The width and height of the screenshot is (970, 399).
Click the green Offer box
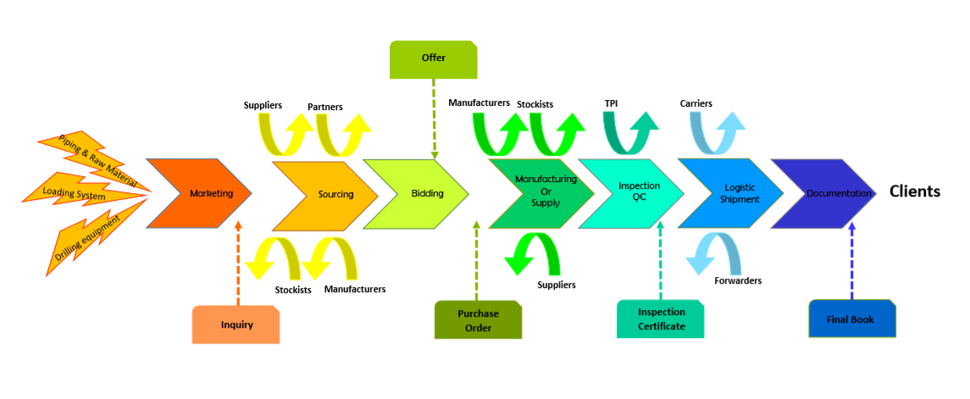pos(433,58)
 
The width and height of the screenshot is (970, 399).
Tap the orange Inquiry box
pos(236,324)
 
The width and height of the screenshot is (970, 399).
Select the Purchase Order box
pos(478,320)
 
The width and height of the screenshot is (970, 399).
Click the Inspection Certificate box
pos(661,319)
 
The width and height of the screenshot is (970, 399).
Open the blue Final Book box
pos(851,319)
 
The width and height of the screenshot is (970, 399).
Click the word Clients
pos(914,191)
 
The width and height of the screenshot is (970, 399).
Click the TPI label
pos(611,103)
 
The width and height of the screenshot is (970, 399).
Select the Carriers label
pos(696,103)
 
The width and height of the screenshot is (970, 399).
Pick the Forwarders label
pos(737,280)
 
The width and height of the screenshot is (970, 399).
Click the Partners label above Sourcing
pos(325,108)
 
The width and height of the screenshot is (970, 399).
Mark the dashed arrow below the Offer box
pos(434,119)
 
